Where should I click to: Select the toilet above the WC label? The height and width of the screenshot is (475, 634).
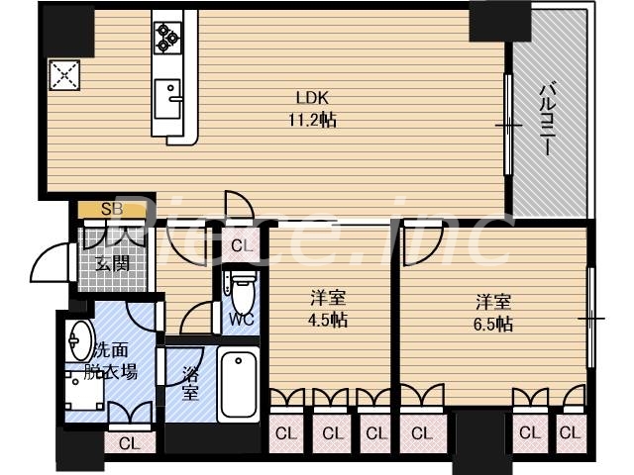(x=240, y=288)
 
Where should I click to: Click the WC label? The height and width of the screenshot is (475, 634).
(x=241, y=320)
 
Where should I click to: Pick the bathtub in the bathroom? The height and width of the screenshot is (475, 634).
(x=238, y=385)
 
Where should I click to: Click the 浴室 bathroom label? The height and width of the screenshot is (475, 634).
(x=191, y=382)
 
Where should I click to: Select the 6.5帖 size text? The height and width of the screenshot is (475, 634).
(x=492, y=324)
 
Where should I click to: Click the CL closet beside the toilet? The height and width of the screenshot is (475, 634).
(x=241, y=244)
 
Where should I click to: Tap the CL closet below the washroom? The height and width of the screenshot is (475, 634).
(x=128, y=443)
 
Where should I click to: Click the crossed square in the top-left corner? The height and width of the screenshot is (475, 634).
(x=63, y=74)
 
